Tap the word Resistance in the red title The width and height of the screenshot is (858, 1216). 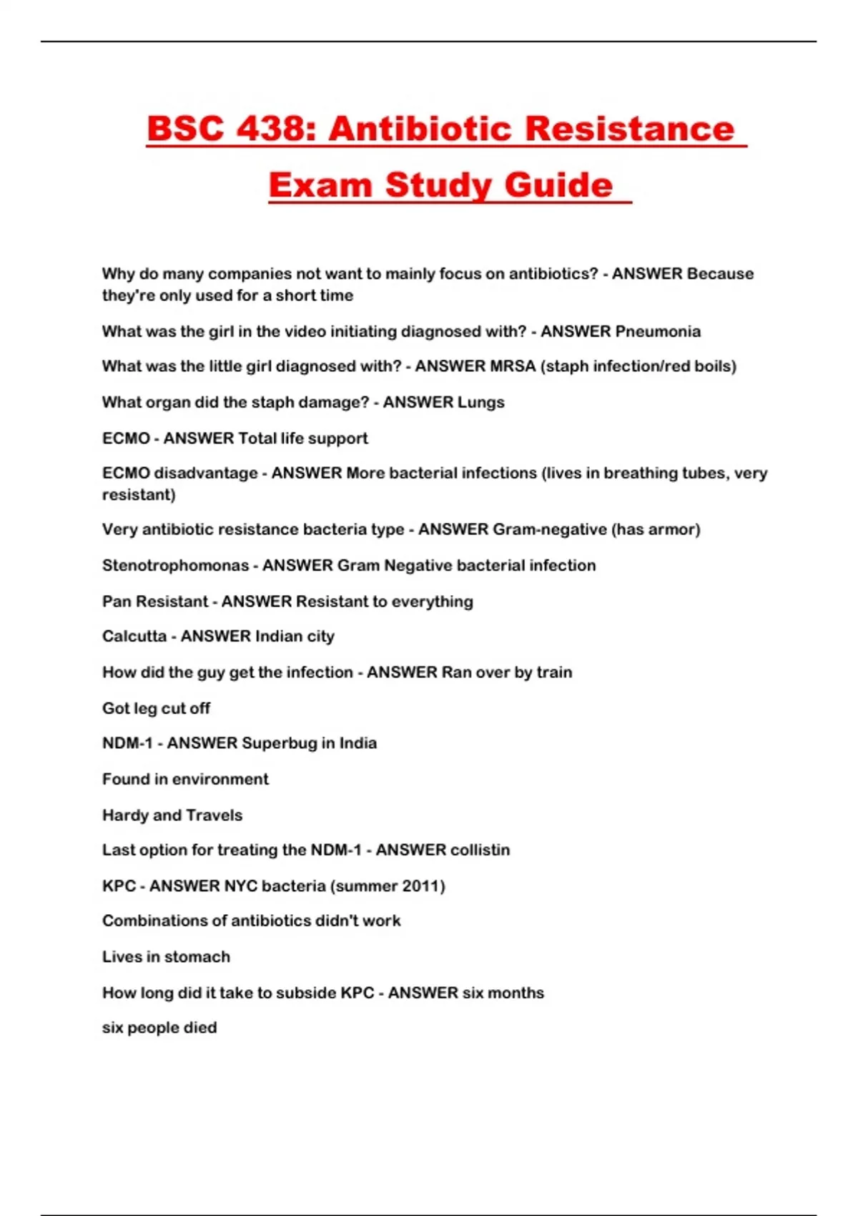[x=629, y=129]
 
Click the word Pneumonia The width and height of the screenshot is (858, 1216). [x=658, y=332]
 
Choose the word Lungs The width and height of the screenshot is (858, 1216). [x=480, y=403]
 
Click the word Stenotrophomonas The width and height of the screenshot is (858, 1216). [x=175, y=566]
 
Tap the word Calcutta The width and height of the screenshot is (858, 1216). [x=134, y=637]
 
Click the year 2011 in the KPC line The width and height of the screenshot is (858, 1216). [x=420, y=886]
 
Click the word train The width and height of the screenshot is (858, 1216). [x=554, y=673]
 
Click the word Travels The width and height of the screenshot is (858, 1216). [x=214, y=815]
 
